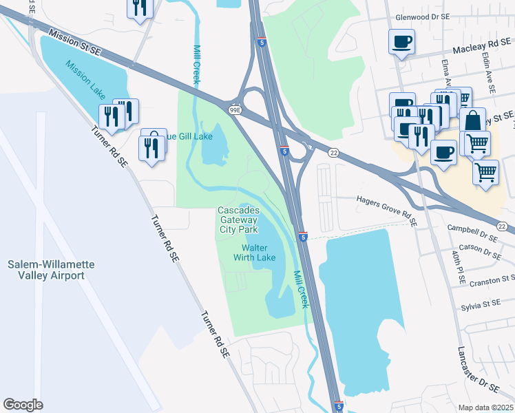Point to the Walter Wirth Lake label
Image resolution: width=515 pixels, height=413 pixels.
tap(258, 253)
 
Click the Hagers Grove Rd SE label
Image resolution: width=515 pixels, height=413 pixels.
tap(386, 210)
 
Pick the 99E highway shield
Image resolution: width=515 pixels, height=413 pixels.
tap(234, 110)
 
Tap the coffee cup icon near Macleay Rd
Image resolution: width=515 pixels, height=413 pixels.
tap(402, 42)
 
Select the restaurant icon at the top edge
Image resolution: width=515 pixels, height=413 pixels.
tap(140, 8)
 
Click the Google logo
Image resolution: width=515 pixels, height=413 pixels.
tap(23, 405)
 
